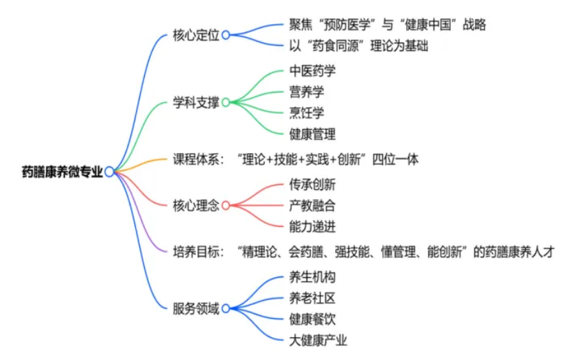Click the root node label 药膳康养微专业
[62, 172]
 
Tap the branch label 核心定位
[196, 35]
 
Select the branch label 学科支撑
[196, 103]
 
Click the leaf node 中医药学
[312, 71]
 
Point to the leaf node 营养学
[306, 92]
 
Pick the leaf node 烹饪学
[306, 112]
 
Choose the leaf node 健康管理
[312, 134]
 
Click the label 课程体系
[196, 159]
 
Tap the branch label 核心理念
[196, 206]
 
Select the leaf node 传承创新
[312, 185]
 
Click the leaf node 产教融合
[312, 206]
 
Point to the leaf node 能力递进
[312, 227]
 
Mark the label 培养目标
[196, 252]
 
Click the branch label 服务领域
[196, 309]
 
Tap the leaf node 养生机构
[312, 277]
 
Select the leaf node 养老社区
[312, 298]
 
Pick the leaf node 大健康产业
[318, 340]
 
